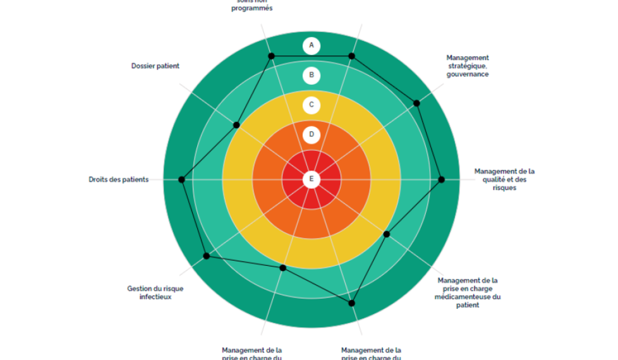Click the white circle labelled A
pyautogui.click(x=311, y=45)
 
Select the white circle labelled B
pyautogui.click(x=311, y=76)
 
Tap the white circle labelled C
pyautogui.click(x=311, y=105)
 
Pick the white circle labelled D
pyautogui.click(x=311, y=135)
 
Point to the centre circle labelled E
pyautogui.click(x=311, y=179)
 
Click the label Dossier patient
pyautogui.click(x=155, y=66)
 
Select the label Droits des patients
pyautogui.click(x=119, y=179)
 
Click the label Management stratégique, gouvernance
pyautogui.click(x=467, y=66)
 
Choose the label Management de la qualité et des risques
pyautogui.click(x=504, y=179)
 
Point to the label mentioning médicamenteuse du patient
pyautogui.click(x=468, y=292)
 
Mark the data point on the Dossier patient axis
pyautogui.click(x=237, y=124)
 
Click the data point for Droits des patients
pyautogui.click(x=181, y=179)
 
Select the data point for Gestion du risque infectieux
pyautogui.click(x=207, y=256)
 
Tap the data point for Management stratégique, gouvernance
pyautogui.click(x=416, y=103)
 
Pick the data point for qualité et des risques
pyautogui.click(x=442, y=179)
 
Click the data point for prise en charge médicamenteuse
pyautogui.click(x=387, y=234)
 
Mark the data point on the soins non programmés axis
pyautogui.click(x=272, y=56)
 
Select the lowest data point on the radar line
pyautogui.click(x=352, y=303)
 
